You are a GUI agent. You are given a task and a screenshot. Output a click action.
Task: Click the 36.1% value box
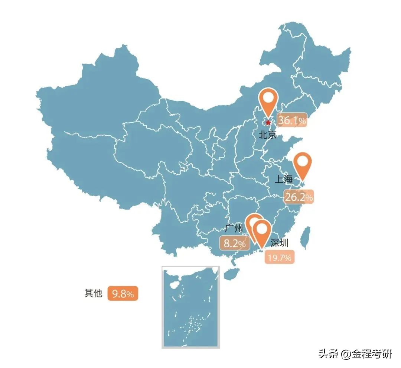tap(292, 120)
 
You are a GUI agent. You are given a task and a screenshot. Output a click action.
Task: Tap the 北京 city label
tap(268, 134)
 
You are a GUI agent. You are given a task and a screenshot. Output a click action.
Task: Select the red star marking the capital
tap(268, 122)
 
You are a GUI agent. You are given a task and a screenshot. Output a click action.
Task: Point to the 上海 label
tap(284, 180)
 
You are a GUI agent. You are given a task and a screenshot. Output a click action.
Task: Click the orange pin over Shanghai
tap(303, 165)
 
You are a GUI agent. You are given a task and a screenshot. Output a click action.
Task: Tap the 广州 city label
tap(234, 228)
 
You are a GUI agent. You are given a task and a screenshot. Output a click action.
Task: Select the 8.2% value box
tap(235, 244)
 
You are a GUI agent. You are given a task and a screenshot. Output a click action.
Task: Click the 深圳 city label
tap(279, 243)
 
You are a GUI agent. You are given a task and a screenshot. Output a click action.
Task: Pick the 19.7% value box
tap(280, 257)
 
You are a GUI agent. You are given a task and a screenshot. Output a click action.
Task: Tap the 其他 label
tap(93, 293)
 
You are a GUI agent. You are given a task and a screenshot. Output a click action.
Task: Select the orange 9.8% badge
tap(123, 294)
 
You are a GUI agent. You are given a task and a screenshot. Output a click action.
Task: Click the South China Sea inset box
tap(191, 307)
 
